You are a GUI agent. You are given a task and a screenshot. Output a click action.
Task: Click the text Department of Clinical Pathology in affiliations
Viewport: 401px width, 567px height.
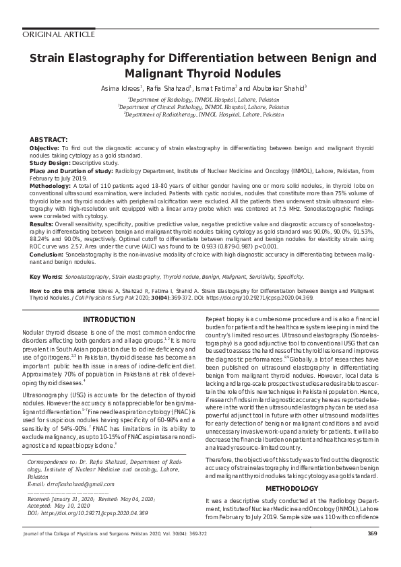[x=156, y=107]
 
